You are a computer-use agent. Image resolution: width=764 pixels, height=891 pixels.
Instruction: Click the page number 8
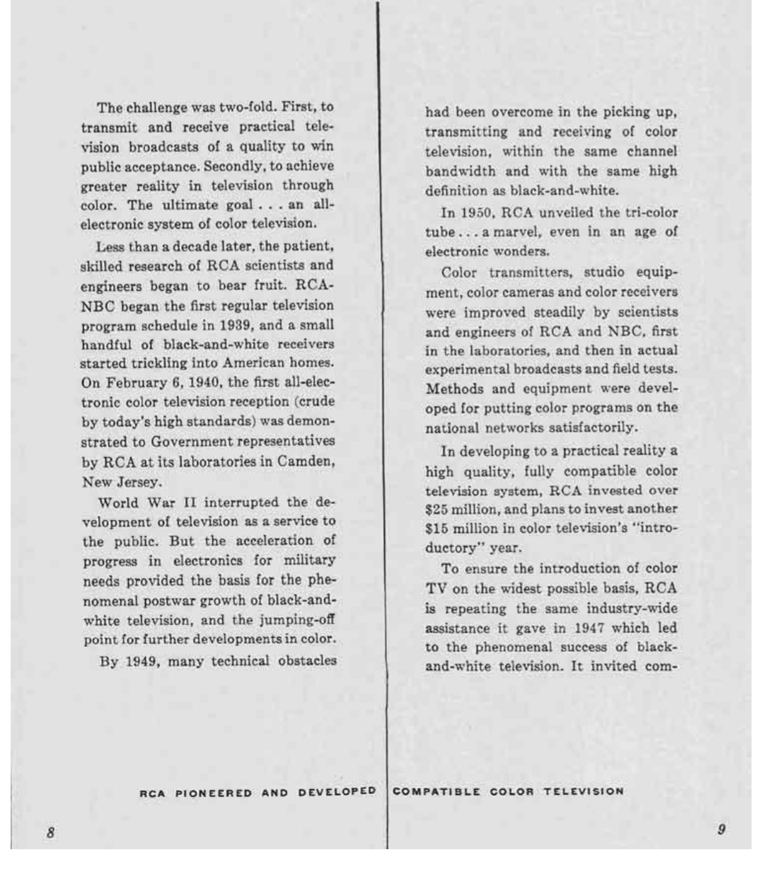tap(51, 832)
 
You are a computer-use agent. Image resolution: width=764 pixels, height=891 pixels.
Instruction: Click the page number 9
tap(721, 829)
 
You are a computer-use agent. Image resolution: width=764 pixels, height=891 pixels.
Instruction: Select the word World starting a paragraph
tap(119, 502)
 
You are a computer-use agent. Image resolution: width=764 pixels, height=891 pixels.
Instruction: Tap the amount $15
tap(439, 529)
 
